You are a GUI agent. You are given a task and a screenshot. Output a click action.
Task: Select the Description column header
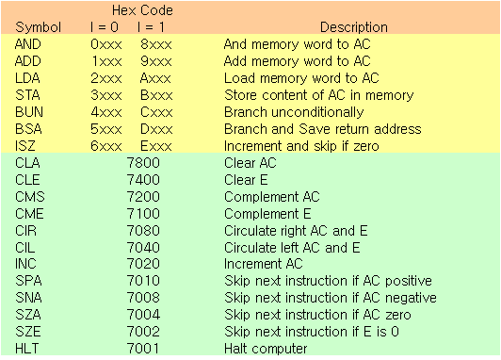point(353,27)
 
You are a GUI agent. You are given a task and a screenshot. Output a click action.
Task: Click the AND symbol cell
point(29,44)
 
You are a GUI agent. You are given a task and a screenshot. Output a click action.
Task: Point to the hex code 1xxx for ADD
point(106,61)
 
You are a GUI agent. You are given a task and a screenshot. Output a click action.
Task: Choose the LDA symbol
point(28,78)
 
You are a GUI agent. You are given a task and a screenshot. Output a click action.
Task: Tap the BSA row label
point(29,129)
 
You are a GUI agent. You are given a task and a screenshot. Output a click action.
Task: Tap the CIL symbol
point(26,248)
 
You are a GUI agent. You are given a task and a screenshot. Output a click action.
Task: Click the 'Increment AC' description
point(264,265)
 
